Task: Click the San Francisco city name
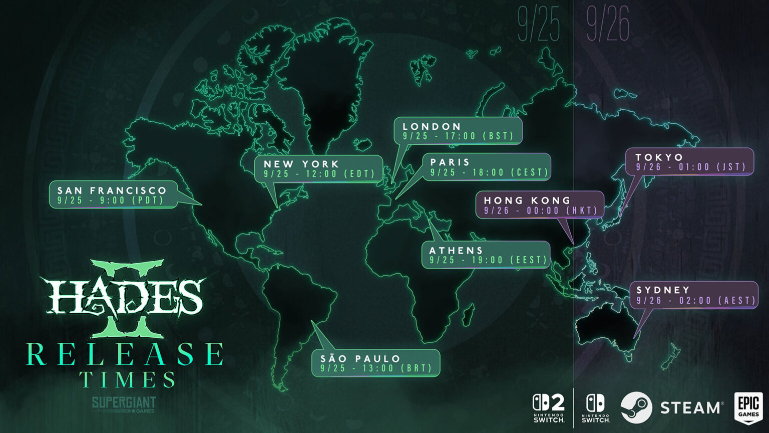point(112,190)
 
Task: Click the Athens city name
point(456,250)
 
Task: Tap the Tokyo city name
point(659,157)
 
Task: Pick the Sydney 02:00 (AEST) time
point(696,301)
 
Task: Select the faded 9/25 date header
point(538,25)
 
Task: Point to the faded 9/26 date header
point(607,25)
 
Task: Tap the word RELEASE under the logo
point(125,354)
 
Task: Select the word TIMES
point(128,380)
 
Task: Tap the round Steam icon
point(636,407)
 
